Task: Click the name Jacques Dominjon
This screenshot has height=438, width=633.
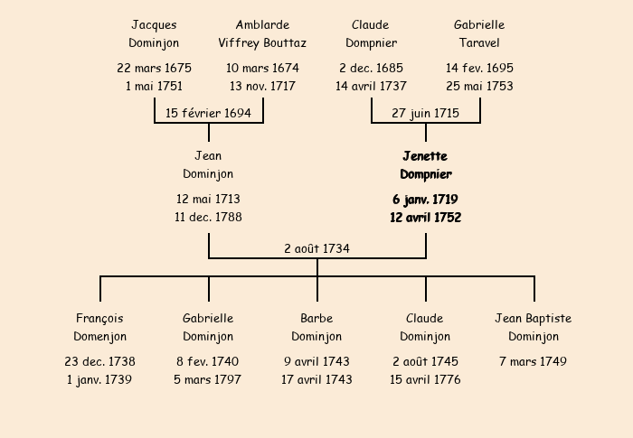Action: point(154,33)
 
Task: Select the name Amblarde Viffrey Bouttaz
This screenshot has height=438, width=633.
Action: point(262,33)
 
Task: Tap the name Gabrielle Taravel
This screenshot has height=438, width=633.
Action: point(479,33)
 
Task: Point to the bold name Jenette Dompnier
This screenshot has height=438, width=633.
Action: point(425,165)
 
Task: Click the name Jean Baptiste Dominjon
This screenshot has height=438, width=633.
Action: point(534,327)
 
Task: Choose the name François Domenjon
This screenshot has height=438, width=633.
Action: point(99,327)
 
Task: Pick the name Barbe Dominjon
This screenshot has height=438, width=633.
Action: point(316,327)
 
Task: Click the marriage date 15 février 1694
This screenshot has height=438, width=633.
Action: point(208,113)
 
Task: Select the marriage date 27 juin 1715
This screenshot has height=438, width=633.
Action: point(425,113)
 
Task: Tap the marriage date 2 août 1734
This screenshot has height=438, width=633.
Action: point(316,248)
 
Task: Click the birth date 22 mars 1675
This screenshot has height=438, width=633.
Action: point(154,68)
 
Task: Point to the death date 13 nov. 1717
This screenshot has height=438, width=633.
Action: point(262,87)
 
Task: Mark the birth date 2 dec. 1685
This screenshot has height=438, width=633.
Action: point(371,68)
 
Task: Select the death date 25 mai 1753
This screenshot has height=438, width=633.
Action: point(479,87)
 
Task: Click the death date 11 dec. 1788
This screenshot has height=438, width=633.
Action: point(208,217)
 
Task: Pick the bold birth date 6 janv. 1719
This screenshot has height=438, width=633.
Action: point(425,199)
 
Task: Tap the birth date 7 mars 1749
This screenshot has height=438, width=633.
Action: point(534,361)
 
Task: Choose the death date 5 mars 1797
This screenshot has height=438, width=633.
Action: point(208,379)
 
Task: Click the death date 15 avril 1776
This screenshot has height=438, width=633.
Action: point(425,379)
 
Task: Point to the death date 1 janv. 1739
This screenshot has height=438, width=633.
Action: point(99,379)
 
